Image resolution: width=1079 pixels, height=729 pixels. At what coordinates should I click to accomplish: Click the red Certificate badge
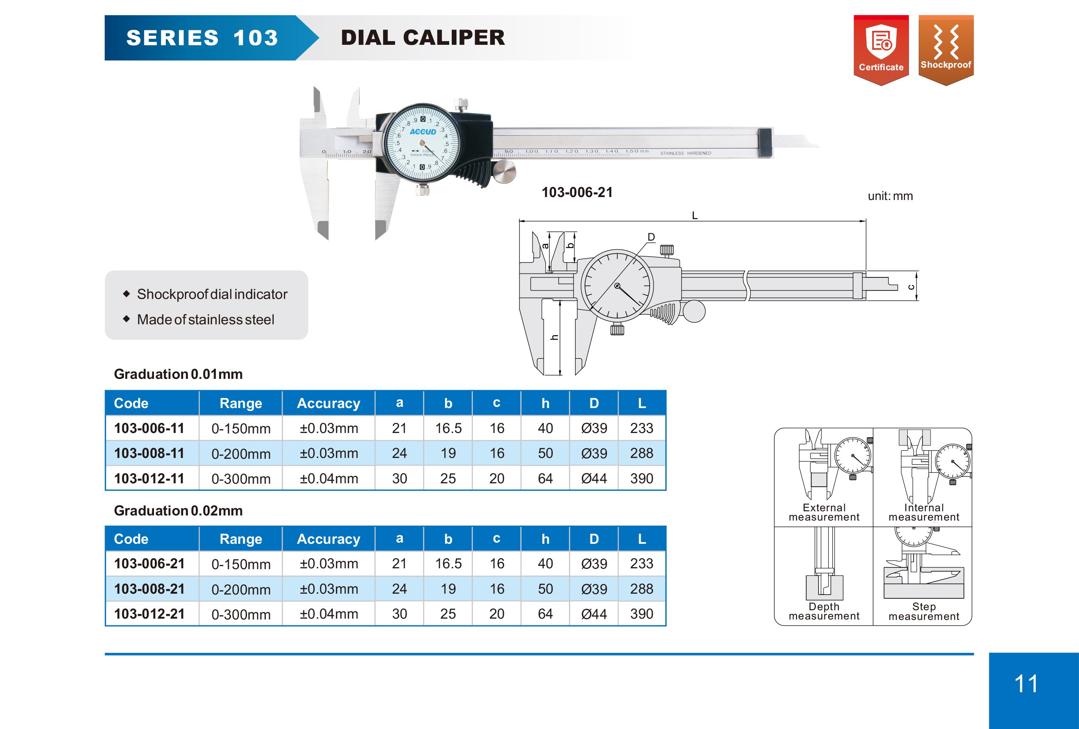pyautogui.click(x=881, y=50)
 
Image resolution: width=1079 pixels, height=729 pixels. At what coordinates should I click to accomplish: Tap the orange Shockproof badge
pyautogui.click(x=946, y=50)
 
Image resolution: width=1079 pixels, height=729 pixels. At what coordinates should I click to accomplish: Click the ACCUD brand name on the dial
pyautogui.click(x=423, y=132)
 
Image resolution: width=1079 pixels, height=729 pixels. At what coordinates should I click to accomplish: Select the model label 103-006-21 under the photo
pyautogui.click(x=577, y=192)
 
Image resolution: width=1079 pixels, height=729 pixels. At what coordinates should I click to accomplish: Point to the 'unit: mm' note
pyautogui.click(x=890, y=196)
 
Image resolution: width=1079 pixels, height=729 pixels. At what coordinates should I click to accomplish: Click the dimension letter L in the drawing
pyautogui.click(x=695, y=215)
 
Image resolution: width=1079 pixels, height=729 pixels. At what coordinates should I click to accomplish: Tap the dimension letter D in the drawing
pyautogui.click(x=651, y=237)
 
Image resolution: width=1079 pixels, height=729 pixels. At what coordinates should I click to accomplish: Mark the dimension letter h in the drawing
pyautogui.click(x=555, y=337)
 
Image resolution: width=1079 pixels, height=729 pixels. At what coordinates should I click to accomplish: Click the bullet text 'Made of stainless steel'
pyautogui.click(x=206, y=319)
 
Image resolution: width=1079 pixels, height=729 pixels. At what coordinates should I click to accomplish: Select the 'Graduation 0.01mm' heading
pyautogui.click(x=178, y=374)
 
